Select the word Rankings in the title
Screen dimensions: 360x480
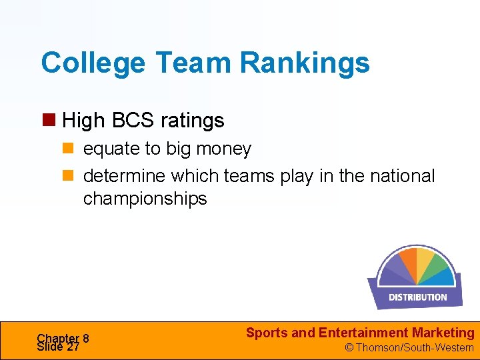tap(304, 63)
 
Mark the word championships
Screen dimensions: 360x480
tap(145, 199)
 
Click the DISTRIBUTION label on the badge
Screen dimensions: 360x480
tap(417, 297)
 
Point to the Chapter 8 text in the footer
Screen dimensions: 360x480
tap(63, 338)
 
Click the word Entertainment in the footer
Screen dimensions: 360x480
tap(363, 333)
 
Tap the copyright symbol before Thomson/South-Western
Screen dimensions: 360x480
tap(348, 347)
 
